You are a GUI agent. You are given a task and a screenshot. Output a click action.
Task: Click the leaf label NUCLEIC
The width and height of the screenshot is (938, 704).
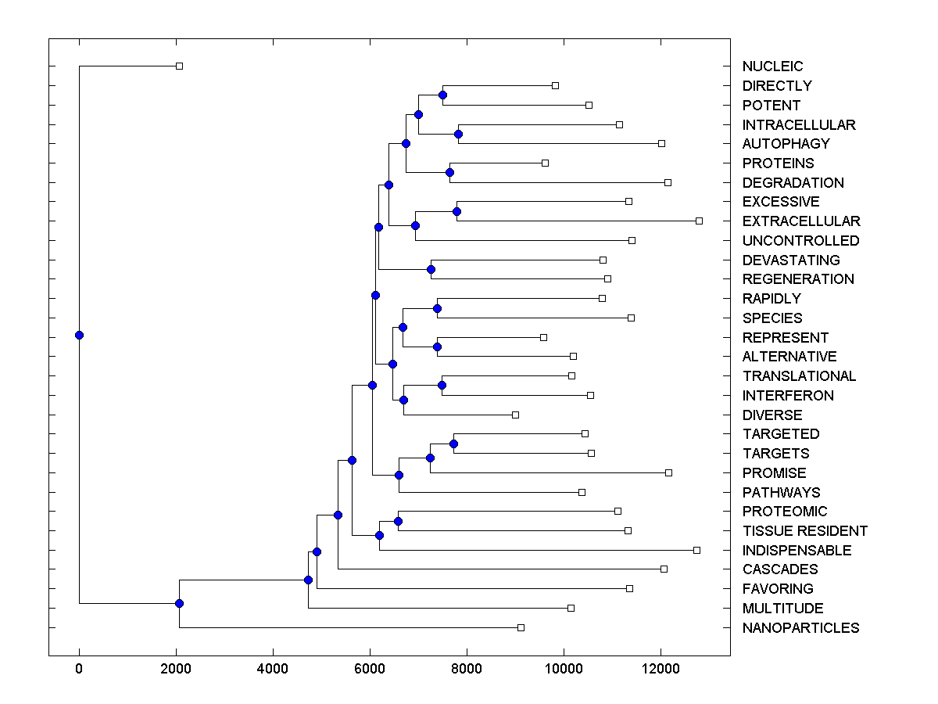[x=772, y=66]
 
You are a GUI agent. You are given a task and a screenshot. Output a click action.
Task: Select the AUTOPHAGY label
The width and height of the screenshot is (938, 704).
[x=786, y=144]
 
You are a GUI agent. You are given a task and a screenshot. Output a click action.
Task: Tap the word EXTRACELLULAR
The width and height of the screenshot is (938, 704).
[x=800, y=221]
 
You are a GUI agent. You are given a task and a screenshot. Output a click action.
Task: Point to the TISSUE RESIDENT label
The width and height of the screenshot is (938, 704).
[x=804, y=531]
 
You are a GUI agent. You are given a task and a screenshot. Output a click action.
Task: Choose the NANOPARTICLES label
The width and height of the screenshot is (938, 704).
[x=800, y=628]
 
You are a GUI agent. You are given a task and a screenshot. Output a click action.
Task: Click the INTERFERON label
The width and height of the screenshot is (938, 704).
[x=788, y=396]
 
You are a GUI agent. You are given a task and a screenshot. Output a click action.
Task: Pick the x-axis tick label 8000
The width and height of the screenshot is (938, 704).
[x=467, y=668]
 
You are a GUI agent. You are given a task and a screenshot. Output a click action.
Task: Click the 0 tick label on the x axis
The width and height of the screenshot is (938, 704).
[x=79, y=668]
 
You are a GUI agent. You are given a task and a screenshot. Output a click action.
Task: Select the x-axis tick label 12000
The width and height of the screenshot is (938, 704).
[x=661, y=668]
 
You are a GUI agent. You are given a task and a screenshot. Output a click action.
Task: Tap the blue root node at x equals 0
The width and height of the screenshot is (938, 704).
[x=79, y=335]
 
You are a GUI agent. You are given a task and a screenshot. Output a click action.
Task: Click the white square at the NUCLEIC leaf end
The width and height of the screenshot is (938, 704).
[x=179, y=66]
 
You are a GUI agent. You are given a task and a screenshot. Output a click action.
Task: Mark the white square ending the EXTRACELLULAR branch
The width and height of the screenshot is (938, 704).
[x=699, y=221]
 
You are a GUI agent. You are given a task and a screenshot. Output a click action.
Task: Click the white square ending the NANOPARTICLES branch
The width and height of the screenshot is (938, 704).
[x=521, y=627]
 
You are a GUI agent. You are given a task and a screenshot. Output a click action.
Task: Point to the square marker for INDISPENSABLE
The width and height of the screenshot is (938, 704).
[x=696, y=550]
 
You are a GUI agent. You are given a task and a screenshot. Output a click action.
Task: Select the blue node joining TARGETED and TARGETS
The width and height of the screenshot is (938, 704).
[x=453, y=444]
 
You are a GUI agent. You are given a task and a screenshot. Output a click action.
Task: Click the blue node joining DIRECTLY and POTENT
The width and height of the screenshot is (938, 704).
[x=442, y=95]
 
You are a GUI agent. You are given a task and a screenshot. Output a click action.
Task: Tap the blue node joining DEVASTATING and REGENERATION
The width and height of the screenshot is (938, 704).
[x=431, y=269]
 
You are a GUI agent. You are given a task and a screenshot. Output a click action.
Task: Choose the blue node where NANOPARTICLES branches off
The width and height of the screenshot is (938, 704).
[x=179, y=603]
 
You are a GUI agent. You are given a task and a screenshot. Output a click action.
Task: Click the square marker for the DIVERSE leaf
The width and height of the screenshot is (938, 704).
[x=515, y=415]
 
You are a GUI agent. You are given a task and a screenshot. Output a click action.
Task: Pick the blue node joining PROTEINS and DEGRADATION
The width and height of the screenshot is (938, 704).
[x=449, y=172]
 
